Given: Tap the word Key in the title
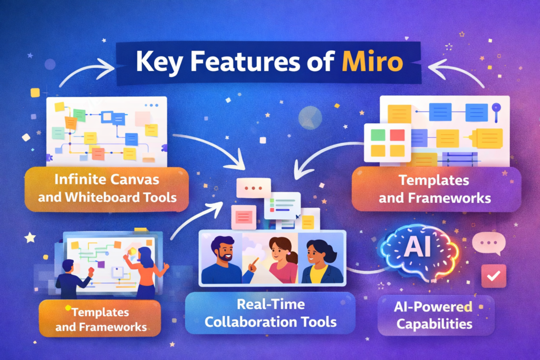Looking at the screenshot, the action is (x=159, y=62).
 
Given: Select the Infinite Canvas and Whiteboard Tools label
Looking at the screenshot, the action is (x=107, y=189).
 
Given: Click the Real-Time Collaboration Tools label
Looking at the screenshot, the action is (x=271, y=313).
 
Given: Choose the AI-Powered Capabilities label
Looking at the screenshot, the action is (x=436, y=315).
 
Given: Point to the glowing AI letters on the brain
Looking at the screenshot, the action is (x=418, y=247).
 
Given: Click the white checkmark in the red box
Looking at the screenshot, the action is (x=494, y=276).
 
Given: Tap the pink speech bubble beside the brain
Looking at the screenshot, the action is (x=489, y=244).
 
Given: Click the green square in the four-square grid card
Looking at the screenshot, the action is (x=378, y=135).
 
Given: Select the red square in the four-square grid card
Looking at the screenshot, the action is (x=397, y=135).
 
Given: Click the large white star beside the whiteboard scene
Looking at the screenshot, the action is (x=30, y=238).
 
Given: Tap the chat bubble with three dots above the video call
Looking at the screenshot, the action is (x=254, y=188).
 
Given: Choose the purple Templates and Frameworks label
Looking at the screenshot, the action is (x=436, y=189).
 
